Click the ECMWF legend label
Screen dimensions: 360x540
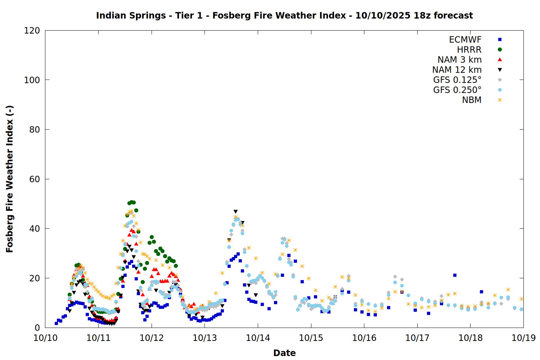pos(465,40)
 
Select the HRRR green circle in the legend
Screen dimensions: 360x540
pos(500,50)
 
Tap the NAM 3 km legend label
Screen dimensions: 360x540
pos(459,60)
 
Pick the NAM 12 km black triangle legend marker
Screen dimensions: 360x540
pos(500,70)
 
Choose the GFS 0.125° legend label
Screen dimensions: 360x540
pos(457,80)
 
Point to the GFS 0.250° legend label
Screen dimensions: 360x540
pos(457,90)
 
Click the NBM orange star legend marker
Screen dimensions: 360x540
pos(500,100)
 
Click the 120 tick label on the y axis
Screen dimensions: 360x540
pos(32,31)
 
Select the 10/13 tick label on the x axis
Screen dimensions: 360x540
pos(204,338)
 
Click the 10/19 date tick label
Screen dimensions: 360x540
pos(523,338)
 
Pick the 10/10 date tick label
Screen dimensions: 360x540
pos(45,338)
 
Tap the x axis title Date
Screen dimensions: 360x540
pos(284,353)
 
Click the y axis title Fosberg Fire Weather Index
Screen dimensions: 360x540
pos(10,179)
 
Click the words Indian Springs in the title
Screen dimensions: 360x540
pos(131,15)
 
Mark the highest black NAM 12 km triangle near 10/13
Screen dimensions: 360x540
pos(235,212)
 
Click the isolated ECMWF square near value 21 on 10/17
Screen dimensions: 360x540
pos(455,275)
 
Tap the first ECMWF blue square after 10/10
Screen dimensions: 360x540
pos(56,323)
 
